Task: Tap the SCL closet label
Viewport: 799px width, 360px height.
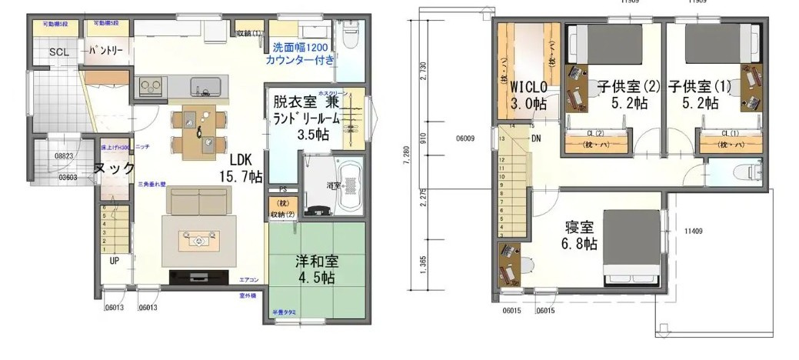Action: click(x=58, y=52)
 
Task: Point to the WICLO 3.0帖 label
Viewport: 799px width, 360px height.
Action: click(x=528, y=95)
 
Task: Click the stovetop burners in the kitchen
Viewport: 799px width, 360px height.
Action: click(x=150, y=85)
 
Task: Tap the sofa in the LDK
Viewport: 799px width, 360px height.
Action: click(x=199, y=202)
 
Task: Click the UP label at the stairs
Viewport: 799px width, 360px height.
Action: click(x=115, y=260)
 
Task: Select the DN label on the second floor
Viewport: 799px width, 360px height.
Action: click(x=537, y=139)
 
